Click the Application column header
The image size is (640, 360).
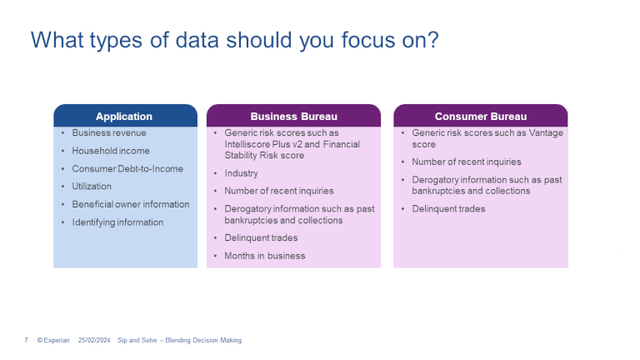click(124, 117)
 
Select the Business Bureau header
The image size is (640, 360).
click(293, 117)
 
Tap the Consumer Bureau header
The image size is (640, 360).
click(480, 117)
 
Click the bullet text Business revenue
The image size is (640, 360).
click(108, 132)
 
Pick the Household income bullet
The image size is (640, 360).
click(111, 151)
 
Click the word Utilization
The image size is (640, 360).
click(92, 186)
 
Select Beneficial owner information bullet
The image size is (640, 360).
click(131, 204)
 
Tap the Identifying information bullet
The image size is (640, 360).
click(117, 222)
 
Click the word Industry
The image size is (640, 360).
click(241, 173)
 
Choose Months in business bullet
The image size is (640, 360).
click(264, 256)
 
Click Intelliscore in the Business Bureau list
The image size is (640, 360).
click(247, 144)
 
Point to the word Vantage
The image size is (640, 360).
click(547, 133)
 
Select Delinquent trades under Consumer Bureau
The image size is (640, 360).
click(448, 209)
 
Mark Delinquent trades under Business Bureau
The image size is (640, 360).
click(261, 238)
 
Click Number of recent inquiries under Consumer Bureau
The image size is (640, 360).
click(466, 162)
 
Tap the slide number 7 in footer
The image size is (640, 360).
click(26, 341)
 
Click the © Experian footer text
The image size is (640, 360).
click(52, 341)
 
